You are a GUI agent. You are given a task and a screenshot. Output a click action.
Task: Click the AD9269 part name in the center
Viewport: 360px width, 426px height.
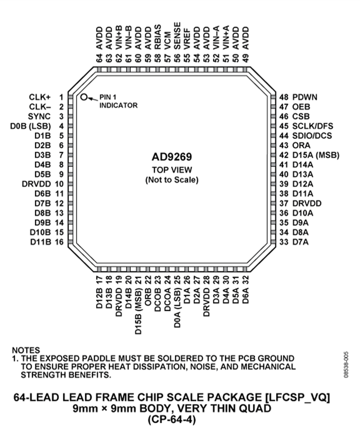click(172, 157)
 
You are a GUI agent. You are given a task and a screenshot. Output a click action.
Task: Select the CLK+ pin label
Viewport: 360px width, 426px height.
click(40, 97)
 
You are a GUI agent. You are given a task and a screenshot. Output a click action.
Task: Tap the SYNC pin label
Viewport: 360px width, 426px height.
click(40, 116)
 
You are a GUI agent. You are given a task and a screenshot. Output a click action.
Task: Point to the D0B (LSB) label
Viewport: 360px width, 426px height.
click(30, 126)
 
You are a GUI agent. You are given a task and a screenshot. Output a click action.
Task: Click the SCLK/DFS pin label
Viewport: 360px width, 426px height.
click(312, 126)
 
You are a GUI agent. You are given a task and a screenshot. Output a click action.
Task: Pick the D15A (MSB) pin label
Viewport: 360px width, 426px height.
click(316, 155)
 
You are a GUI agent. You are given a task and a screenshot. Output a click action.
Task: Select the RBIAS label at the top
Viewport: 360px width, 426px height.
click(158, 37)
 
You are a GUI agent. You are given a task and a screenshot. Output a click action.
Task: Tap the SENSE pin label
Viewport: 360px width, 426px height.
click(177, 36)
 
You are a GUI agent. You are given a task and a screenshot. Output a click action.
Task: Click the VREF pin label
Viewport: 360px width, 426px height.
click(187, 39)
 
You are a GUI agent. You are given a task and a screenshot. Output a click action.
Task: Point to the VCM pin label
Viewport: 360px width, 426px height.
click(168, 40)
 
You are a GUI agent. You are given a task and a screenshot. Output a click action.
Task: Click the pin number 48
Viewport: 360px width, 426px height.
click(284, 97)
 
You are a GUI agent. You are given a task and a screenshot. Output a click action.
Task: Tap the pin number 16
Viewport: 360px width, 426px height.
click(59, 242)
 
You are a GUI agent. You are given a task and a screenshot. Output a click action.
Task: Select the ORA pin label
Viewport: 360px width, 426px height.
click(301, 145)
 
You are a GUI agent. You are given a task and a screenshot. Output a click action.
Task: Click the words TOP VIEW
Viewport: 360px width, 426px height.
click(172, 170)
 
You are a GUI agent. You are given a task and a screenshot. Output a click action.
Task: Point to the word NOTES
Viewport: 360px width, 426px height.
click(26, 350)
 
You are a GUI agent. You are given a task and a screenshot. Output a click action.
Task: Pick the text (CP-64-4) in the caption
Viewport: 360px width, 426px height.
click(172, 420)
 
